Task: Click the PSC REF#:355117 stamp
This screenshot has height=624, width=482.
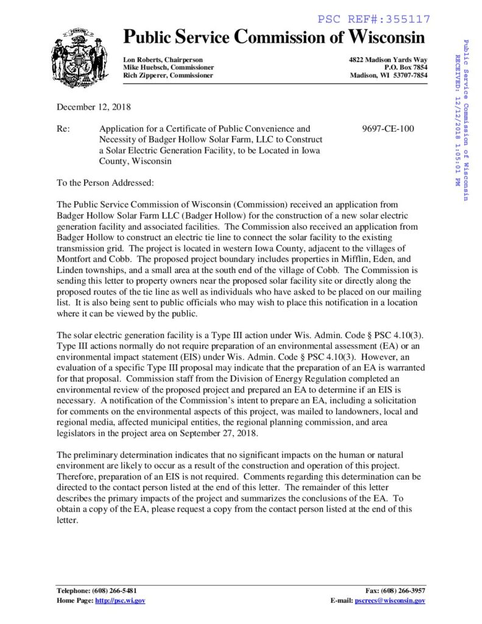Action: [x=374, y=19]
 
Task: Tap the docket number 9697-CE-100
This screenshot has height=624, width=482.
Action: [x=388, y=129]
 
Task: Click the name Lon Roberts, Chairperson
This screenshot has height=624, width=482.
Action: [x=163, y=59]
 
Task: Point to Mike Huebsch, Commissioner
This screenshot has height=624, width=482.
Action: [x=168, y=67]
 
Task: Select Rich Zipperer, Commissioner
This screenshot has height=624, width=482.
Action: [x=168, y=76]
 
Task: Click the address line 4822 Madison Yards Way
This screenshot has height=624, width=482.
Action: [x=388, y=59]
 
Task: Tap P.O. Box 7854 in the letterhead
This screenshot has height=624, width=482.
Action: [x=406, y=67]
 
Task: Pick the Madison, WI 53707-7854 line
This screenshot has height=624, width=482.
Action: [x=389, y=76]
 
